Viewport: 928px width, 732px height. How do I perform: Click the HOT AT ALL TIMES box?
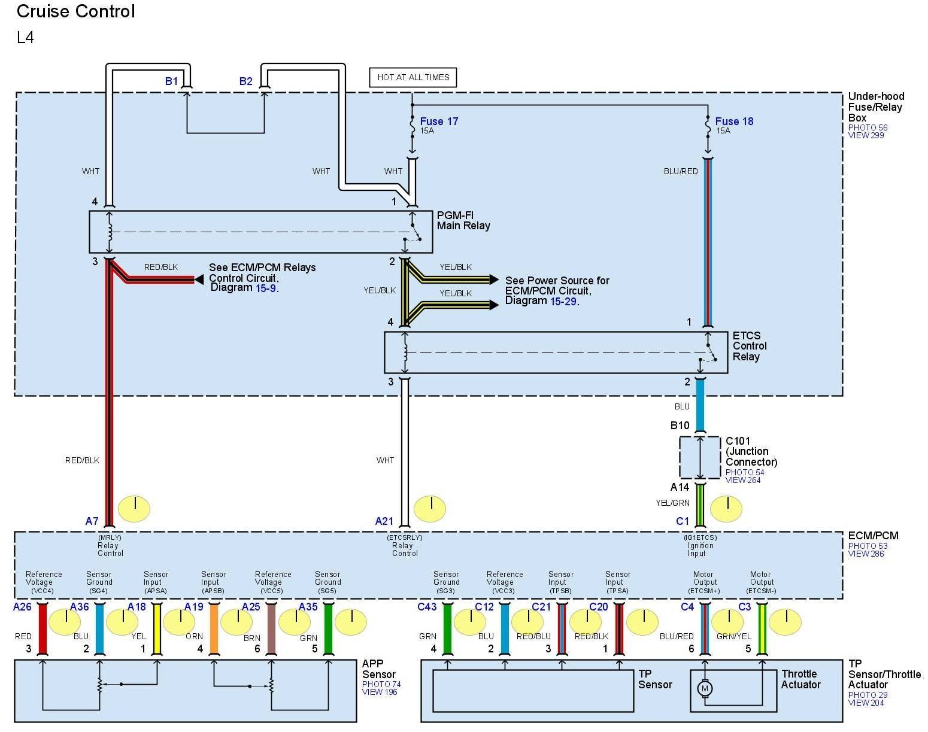pos(413,77)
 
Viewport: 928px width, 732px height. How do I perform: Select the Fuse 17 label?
pos(439,122)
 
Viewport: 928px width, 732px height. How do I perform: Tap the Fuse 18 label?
pos(734,122)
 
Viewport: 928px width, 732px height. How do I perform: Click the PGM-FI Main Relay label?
pos(463,220)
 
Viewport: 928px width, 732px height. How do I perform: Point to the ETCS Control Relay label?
pos(749,346)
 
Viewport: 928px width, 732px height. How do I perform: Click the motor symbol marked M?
pos(704,688)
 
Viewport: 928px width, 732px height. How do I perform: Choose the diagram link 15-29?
pos(563,301)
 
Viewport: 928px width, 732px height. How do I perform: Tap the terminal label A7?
pos(92,521)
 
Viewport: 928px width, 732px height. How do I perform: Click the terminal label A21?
pos(384,521)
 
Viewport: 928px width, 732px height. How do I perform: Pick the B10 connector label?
pos(680,426)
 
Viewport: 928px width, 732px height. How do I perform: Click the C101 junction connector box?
pos(699,457)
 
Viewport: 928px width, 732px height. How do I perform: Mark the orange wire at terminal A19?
pos(214,628)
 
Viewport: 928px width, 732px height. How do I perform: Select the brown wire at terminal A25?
pos(271,628)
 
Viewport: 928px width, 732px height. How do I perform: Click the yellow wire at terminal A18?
pos(157,628)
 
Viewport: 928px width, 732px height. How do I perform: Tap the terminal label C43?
pos(427,607)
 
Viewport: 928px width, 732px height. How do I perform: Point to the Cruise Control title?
pos(76,11)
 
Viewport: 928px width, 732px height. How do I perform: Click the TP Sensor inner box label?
pos(654,679)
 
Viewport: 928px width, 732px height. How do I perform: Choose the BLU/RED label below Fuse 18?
pos(681,171)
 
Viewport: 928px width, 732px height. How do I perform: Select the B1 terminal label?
pos(171,81)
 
